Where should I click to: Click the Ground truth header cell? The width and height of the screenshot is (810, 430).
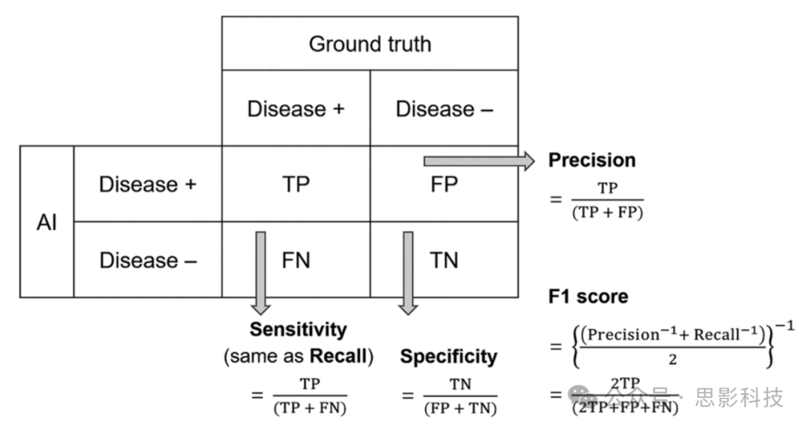coord(370,43)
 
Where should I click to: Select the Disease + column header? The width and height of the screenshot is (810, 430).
coord(295,109)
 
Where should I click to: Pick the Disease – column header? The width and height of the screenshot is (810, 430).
coord(444,109)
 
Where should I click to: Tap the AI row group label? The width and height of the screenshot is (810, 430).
coord(46,222)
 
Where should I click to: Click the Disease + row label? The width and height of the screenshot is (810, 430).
coord(147,184)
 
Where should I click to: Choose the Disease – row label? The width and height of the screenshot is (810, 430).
coord(147,260)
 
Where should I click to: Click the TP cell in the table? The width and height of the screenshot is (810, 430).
coord(295,184)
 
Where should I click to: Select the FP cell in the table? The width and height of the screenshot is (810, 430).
coord(444,184)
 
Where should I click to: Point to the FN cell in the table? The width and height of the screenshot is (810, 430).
coord(295,260)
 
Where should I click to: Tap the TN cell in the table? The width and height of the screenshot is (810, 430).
coord(444,260)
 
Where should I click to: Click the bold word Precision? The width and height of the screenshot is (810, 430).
coord(592,160)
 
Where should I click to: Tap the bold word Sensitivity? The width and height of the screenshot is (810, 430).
coord(298,330)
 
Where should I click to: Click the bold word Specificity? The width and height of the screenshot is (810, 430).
coord(448,357)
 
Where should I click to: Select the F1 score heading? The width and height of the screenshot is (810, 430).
coord(588,297)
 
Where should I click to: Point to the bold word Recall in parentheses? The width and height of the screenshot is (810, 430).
coord(342,357)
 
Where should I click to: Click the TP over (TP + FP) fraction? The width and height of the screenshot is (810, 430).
coord(608,201)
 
